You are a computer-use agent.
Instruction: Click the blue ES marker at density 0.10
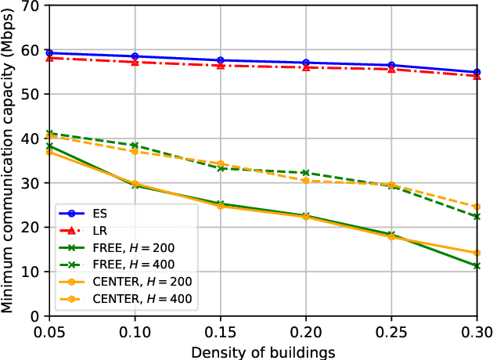(x=135, y=56)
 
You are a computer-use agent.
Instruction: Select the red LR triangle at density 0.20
(x=306, y=67)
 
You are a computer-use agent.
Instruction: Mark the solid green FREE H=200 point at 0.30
(x=477, y=266)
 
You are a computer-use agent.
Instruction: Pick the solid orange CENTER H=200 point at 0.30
(x=477, y=253)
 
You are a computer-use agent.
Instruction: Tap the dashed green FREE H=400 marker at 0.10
(x=135, y=146)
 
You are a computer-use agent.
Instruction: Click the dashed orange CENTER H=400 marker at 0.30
(x=477, y=207)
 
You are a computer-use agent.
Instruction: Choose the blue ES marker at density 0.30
(x=477, y=73)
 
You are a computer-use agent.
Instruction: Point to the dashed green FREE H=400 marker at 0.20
(x=306, y=173)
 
